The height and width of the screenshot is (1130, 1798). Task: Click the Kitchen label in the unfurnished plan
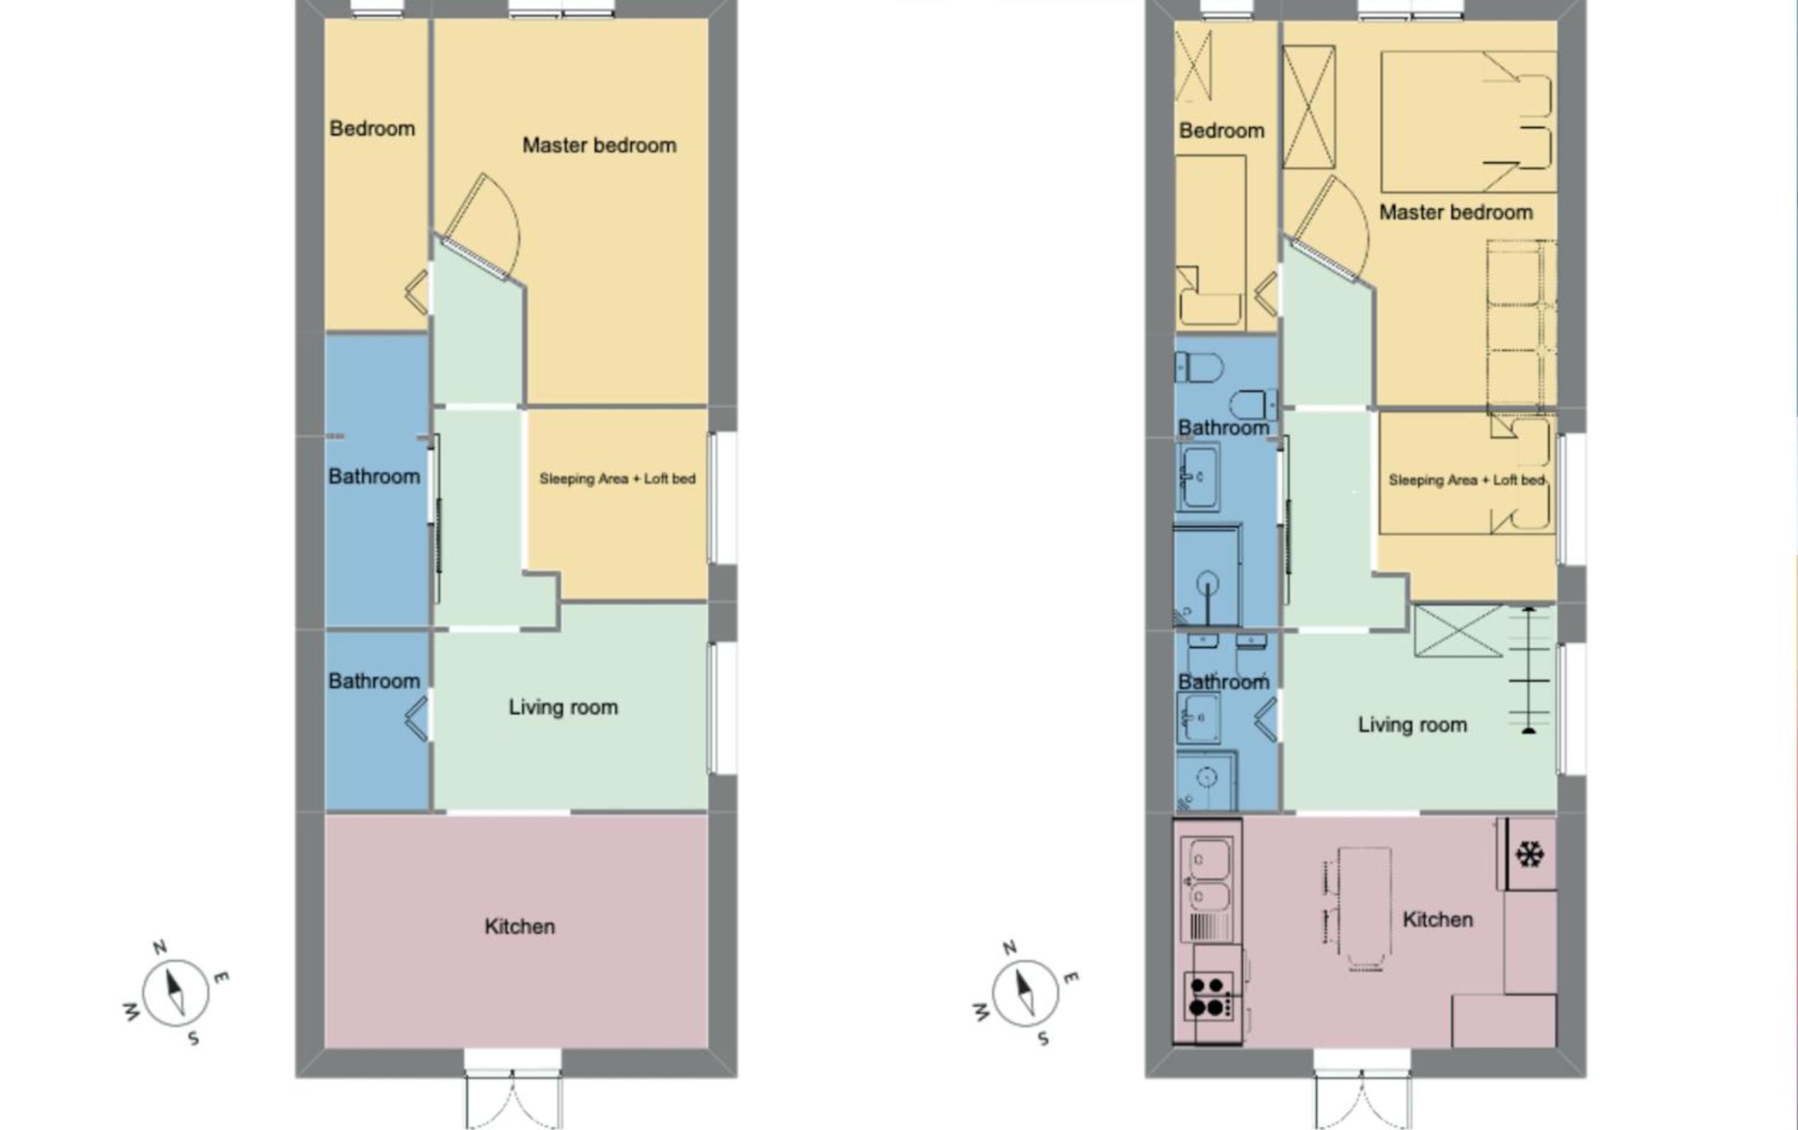pos(520,926)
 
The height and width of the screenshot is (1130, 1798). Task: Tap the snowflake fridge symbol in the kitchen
pos(1529,854)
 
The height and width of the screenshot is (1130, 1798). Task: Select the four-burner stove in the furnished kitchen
pos(1207,996)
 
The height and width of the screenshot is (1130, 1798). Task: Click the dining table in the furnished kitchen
pos(1364,907)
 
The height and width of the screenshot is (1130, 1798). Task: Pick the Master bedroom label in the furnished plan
pos(1456,212)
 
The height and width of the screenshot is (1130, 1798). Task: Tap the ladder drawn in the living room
pos(1529,670)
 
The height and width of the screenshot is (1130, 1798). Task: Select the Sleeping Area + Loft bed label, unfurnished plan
pos(618,479)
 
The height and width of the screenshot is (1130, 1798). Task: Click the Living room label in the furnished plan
pos(1412,725)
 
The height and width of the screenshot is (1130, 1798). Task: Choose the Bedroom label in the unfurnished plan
pos(372,128)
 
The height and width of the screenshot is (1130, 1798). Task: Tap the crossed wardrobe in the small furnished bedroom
pos(1193,66)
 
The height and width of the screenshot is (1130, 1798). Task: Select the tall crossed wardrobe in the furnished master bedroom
pos(1309,107)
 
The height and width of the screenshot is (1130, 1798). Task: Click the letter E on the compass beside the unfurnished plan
pos(221,977)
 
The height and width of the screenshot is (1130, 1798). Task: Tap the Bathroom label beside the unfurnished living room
pos(374,680)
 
